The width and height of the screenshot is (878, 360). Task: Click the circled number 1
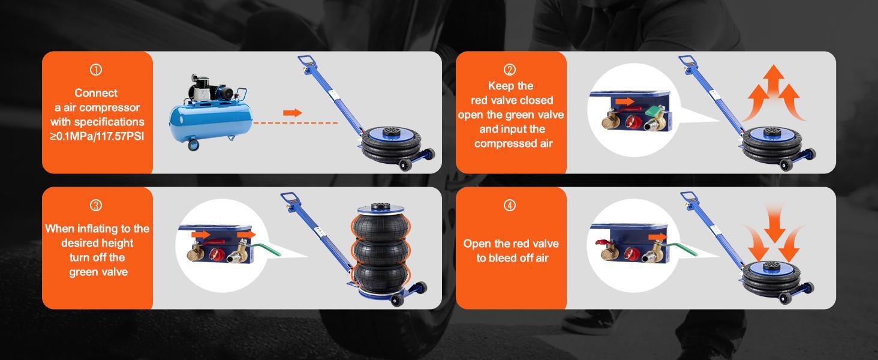[x=96, y=70]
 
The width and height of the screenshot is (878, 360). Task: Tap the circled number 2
[x=510, y=70]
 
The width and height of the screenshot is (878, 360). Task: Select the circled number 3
[x=96, y=205]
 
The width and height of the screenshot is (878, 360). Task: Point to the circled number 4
[x=510, y=205]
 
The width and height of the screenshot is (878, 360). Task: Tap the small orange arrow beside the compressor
[x=293, y=113]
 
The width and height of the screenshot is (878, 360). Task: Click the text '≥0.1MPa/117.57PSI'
[x=97, y=136]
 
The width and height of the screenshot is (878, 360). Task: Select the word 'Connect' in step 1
[x=96, y=93]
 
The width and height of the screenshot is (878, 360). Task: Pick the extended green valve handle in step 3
[x=266, y=248]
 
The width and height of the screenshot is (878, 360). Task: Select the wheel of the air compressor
[x=193, y=145]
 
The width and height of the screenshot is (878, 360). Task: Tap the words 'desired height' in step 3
[x=97, y=243]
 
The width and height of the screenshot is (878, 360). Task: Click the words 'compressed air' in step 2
[x=513, y=143]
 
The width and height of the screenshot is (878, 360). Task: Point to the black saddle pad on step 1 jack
[x=391, y=131]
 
